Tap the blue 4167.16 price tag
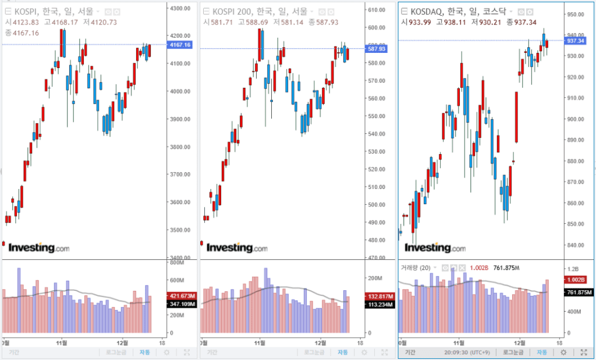click(179, 45)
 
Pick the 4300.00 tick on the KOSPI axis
click(179, 8)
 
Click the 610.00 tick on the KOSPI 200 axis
click(374, 9)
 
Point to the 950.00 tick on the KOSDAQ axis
click(577, 15)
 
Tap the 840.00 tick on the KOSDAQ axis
click(577, 245)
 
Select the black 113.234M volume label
click(378, 304)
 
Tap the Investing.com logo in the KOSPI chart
click(38, 248)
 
